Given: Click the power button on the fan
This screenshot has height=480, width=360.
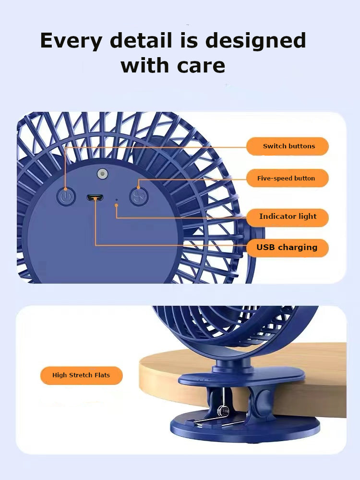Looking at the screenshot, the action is click(66, 196).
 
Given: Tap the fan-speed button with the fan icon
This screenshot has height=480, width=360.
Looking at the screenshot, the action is click(139, 196).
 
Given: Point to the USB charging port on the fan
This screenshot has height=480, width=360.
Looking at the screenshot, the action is click(95, 198).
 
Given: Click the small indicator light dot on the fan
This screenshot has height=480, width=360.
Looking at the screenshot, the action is click(116, 200).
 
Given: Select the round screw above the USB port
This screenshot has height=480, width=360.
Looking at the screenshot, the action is click(103, 174).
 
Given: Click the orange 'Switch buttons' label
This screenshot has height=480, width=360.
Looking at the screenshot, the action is click(288, 146).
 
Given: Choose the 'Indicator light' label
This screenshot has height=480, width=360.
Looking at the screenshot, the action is click(288, 217).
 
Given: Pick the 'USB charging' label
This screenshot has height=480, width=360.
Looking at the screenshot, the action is click(288, 248).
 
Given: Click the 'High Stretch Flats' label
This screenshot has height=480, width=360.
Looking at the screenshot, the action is click(82, 375).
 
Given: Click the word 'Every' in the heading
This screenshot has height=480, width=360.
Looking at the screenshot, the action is click(71, 41).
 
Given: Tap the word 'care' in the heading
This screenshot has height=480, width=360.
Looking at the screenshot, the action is click(201, 66).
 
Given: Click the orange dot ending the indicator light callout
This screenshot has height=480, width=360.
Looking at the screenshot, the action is click(116, 205).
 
